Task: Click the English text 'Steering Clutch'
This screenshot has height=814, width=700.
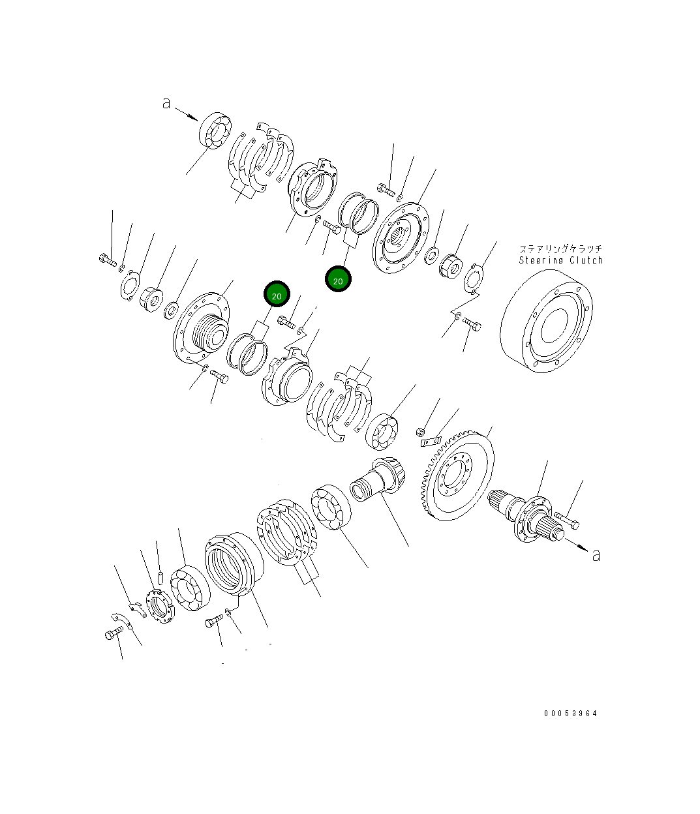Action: [560, 260]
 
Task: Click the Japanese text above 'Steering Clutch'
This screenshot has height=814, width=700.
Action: [560, 249]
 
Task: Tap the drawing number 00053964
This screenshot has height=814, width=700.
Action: [570, 713]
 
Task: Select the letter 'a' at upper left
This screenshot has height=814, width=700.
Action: [167, 102]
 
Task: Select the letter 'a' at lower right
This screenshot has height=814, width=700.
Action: [595, 554]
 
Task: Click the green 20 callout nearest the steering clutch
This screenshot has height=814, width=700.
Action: [338, 280]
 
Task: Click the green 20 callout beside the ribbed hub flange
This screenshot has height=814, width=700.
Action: [276, 295]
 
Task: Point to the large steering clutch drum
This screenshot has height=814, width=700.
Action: [547, 322]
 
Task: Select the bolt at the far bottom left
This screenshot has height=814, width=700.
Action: [114, 633]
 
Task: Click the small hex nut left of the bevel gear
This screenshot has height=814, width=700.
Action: [421, 431]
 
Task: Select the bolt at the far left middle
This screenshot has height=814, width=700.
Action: [107, 260]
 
